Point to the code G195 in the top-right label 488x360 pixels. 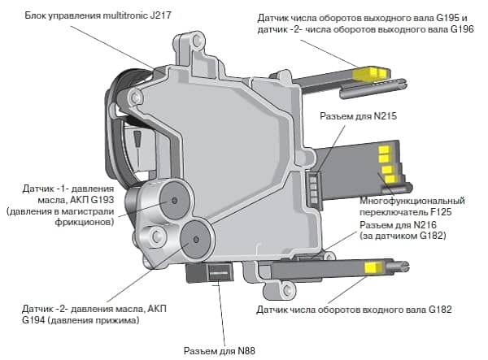442,16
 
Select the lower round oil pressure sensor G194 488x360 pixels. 194,237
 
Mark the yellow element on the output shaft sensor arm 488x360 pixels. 368,73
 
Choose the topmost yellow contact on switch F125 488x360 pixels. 382,151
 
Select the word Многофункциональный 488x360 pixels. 412,200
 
